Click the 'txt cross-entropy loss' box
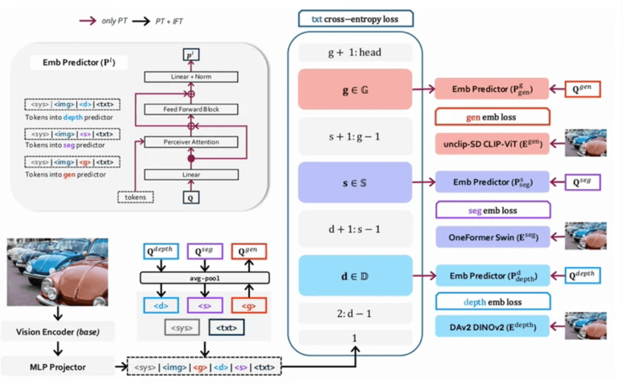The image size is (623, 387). [355, 19]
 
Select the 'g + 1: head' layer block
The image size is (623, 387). [355, 53]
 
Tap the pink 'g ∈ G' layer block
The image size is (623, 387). [355, 89]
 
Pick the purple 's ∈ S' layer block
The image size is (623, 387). [355, 182]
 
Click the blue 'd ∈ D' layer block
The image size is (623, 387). [355, 275]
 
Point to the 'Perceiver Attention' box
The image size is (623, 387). [191, 142]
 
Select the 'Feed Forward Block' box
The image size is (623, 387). [191, 109]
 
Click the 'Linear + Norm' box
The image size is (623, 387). [191, 77]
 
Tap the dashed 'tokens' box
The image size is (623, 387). [135, 197]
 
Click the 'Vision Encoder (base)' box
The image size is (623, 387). [57, 332]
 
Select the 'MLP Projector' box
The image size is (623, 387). [57, 367]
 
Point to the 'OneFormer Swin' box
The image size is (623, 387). [493, 237]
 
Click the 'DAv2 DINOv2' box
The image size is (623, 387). [493, 326]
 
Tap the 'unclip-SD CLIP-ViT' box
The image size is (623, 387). [493, 144]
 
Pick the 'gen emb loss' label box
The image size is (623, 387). [493, 117]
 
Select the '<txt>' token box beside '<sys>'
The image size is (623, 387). [226, 328]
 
